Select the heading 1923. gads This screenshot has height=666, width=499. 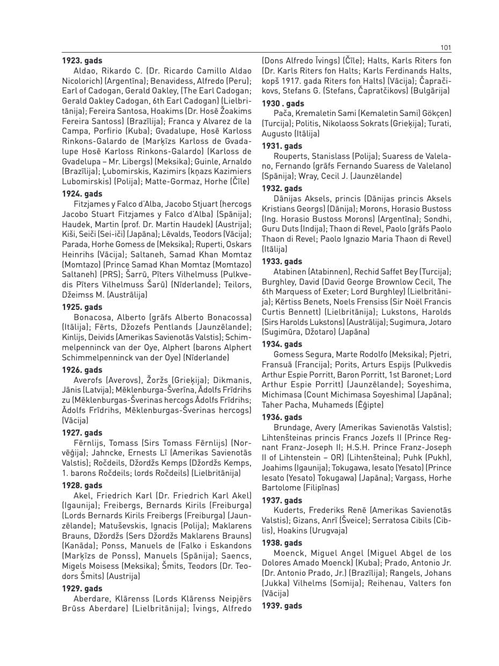(82, 61)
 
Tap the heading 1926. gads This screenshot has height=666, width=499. (82, 370)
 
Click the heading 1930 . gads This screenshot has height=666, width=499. (283, 104)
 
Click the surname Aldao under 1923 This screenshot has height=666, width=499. (85, 71)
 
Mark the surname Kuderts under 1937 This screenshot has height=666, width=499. (289, 510)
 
